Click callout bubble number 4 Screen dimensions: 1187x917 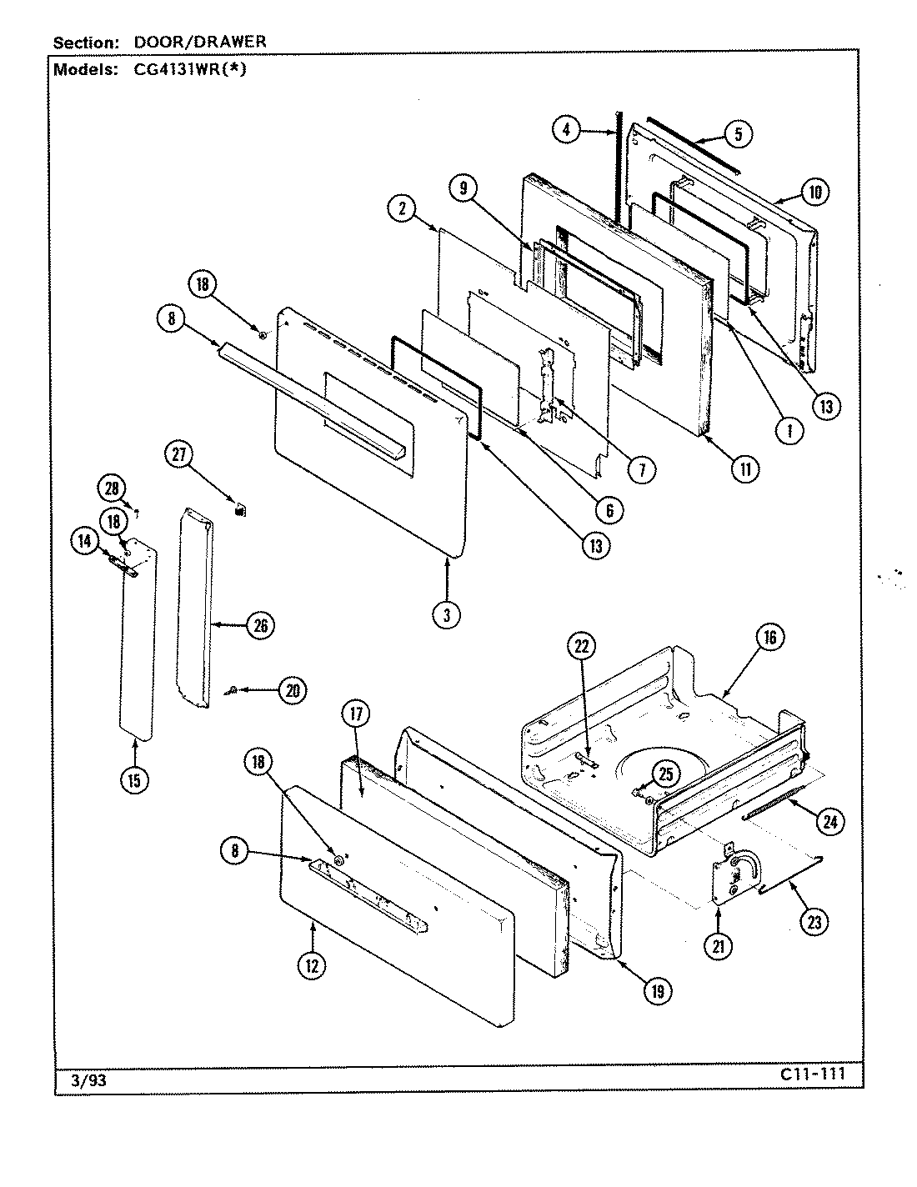click(x=566, y=130)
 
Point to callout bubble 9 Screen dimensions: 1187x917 click(x=462, y=188)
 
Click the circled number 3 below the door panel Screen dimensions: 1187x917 click(x=447, y=615)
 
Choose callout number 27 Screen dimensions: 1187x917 click(x=179, y=455)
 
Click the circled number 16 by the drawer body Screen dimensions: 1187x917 click(x=769, y=638)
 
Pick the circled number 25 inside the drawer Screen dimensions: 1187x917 click(x=665, y=774)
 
